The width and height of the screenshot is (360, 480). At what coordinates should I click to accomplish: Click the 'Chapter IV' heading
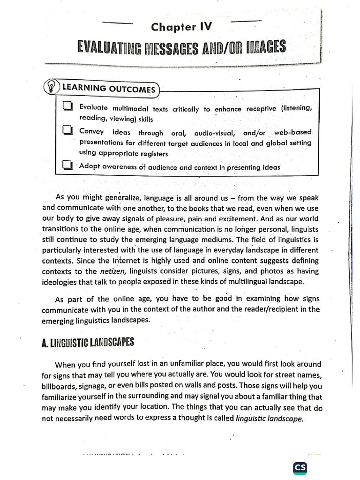[x=181, y=27]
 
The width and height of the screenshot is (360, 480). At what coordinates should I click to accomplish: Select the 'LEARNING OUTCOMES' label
[x=108, y=89]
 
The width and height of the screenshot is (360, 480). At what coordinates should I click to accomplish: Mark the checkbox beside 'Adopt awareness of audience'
[x=67, y=165]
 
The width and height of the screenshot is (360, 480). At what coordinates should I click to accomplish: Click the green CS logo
[x=300, y=468]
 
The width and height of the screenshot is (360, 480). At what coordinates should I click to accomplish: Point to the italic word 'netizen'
[x=112, y=271]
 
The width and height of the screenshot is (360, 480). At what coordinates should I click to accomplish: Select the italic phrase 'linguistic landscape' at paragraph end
[x=270, y=419]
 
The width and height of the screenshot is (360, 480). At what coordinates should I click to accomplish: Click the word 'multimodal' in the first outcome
[x=129, y=109]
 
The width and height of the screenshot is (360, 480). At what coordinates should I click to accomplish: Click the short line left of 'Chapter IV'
[x=118, y=23]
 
